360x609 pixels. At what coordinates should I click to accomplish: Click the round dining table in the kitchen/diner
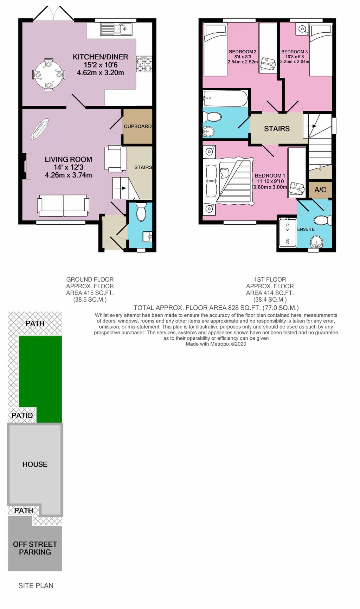point(49,75)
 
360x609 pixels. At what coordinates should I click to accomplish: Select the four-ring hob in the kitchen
point(144,64)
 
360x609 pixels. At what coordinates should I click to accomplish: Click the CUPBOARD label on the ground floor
point(137,126)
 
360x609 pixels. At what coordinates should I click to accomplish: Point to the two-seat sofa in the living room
point(63,205)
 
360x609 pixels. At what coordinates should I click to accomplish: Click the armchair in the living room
point(115,159)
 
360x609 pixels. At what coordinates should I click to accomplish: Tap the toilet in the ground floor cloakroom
point(141,211)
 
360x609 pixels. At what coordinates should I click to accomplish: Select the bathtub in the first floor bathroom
point(225,98)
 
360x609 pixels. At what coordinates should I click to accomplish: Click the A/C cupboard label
point(320,190)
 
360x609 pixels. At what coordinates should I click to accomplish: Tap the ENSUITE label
point(306,229)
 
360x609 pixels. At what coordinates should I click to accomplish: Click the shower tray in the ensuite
point(288,232)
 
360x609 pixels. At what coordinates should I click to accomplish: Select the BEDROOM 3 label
point(294,52)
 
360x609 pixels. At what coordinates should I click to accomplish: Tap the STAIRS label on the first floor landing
point(277,129)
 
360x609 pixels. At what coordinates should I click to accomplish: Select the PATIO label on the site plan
point(22,415)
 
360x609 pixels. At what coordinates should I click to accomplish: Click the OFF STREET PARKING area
point(35,548)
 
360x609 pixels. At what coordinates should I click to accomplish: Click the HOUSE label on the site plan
point(35,464)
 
